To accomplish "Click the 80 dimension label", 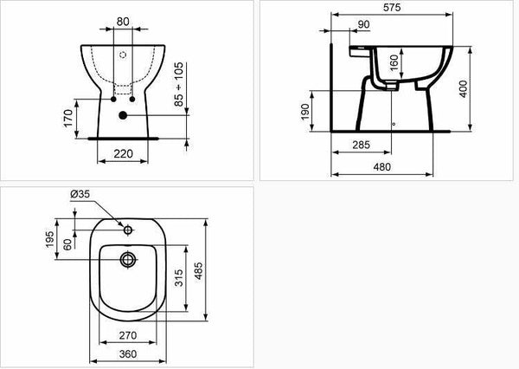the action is [x=123, y=22].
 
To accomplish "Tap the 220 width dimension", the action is [x=123, y=154].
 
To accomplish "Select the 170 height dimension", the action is [x=67, y=118].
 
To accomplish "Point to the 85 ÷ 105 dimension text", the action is [x=178, y=84].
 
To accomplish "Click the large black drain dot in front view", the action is [x=123, y=115].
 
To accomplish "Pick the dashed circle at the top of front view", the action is [x=123, y=55].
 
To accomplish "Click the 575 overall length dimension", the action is [x=392, y=7].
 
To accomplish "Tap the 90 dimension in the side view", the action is [x=363, y=24].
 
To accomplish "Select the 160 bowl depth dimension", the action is [x=394, y=62].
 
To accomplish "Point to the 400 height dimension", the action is [x=464, y=88].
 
